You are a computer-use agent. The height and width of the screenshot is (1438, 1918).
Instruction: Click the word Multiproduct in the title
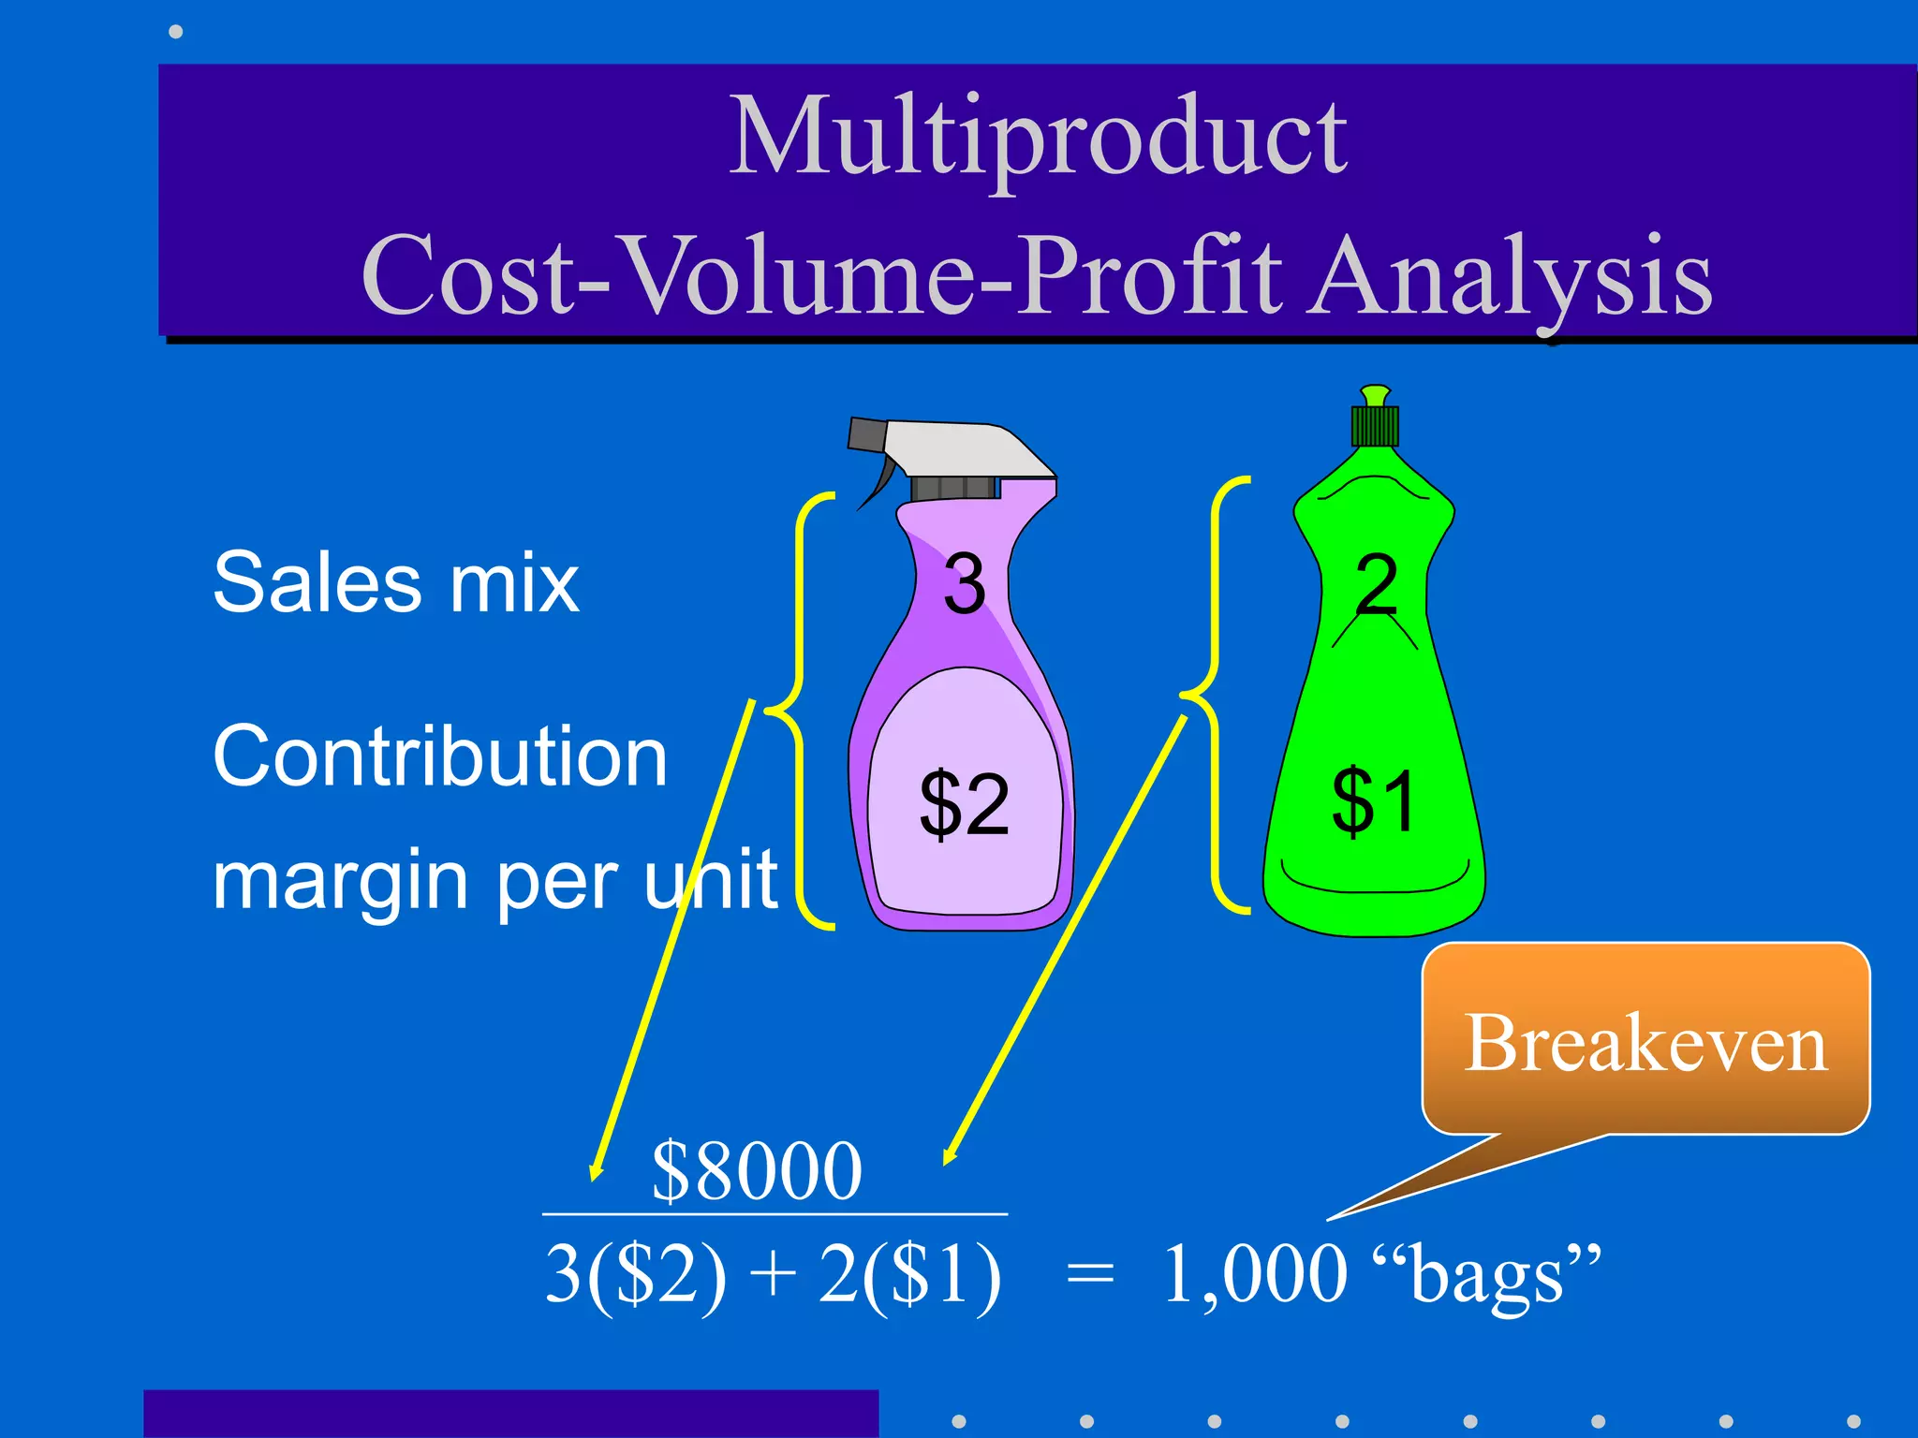click(1038, 139)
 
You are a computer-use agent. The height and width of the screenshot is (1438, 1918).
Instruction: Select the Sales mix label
click(395, 584)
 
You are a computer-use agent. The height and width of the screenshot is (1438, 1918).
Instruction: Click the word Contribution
click(439, 756)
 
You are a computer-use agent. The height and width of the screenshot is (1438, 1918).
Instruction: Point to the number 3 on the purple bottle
click(964, 584)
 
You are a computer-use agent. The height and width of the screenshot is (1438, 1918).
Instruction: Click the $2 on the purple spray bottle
click(964, 803)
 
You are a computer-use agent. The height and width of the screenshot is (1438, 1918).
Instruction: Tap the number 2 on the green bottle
click(1376, 584)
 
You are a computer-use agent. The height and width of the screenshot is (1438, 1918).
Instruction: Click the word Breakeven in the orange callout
click(1645, 1044)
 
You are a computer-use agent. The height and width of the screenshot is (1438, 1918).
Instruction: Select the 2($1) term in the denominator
click(908, 1275)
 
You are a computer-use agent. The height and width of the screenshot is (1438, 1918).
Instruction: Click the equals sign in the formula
click(1090, 1275)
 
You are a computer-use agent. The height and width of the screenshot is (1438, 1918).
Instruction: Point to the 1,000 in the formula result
click(1255, 1275)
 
